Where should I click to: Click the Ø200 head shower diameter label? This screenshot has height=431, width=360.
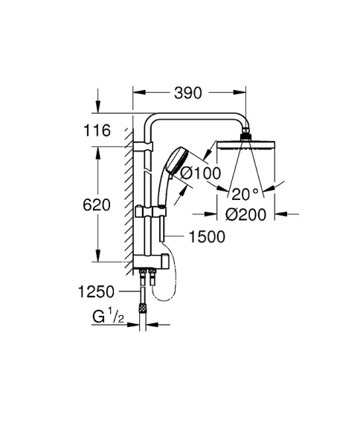pyautogui.click(x=246, y=215)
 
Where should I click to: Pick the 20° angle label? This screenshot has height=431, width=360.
pyautogui.click(x=246, y=194)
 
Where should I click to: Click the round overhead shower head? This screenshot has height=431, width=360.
pyautogui.click(x=246, y=144)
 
